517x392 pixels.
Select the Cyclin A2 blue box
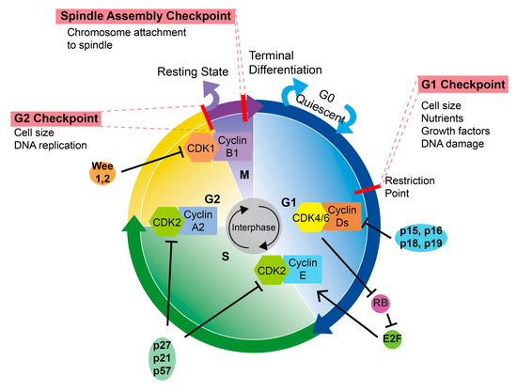pos(200,221)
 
